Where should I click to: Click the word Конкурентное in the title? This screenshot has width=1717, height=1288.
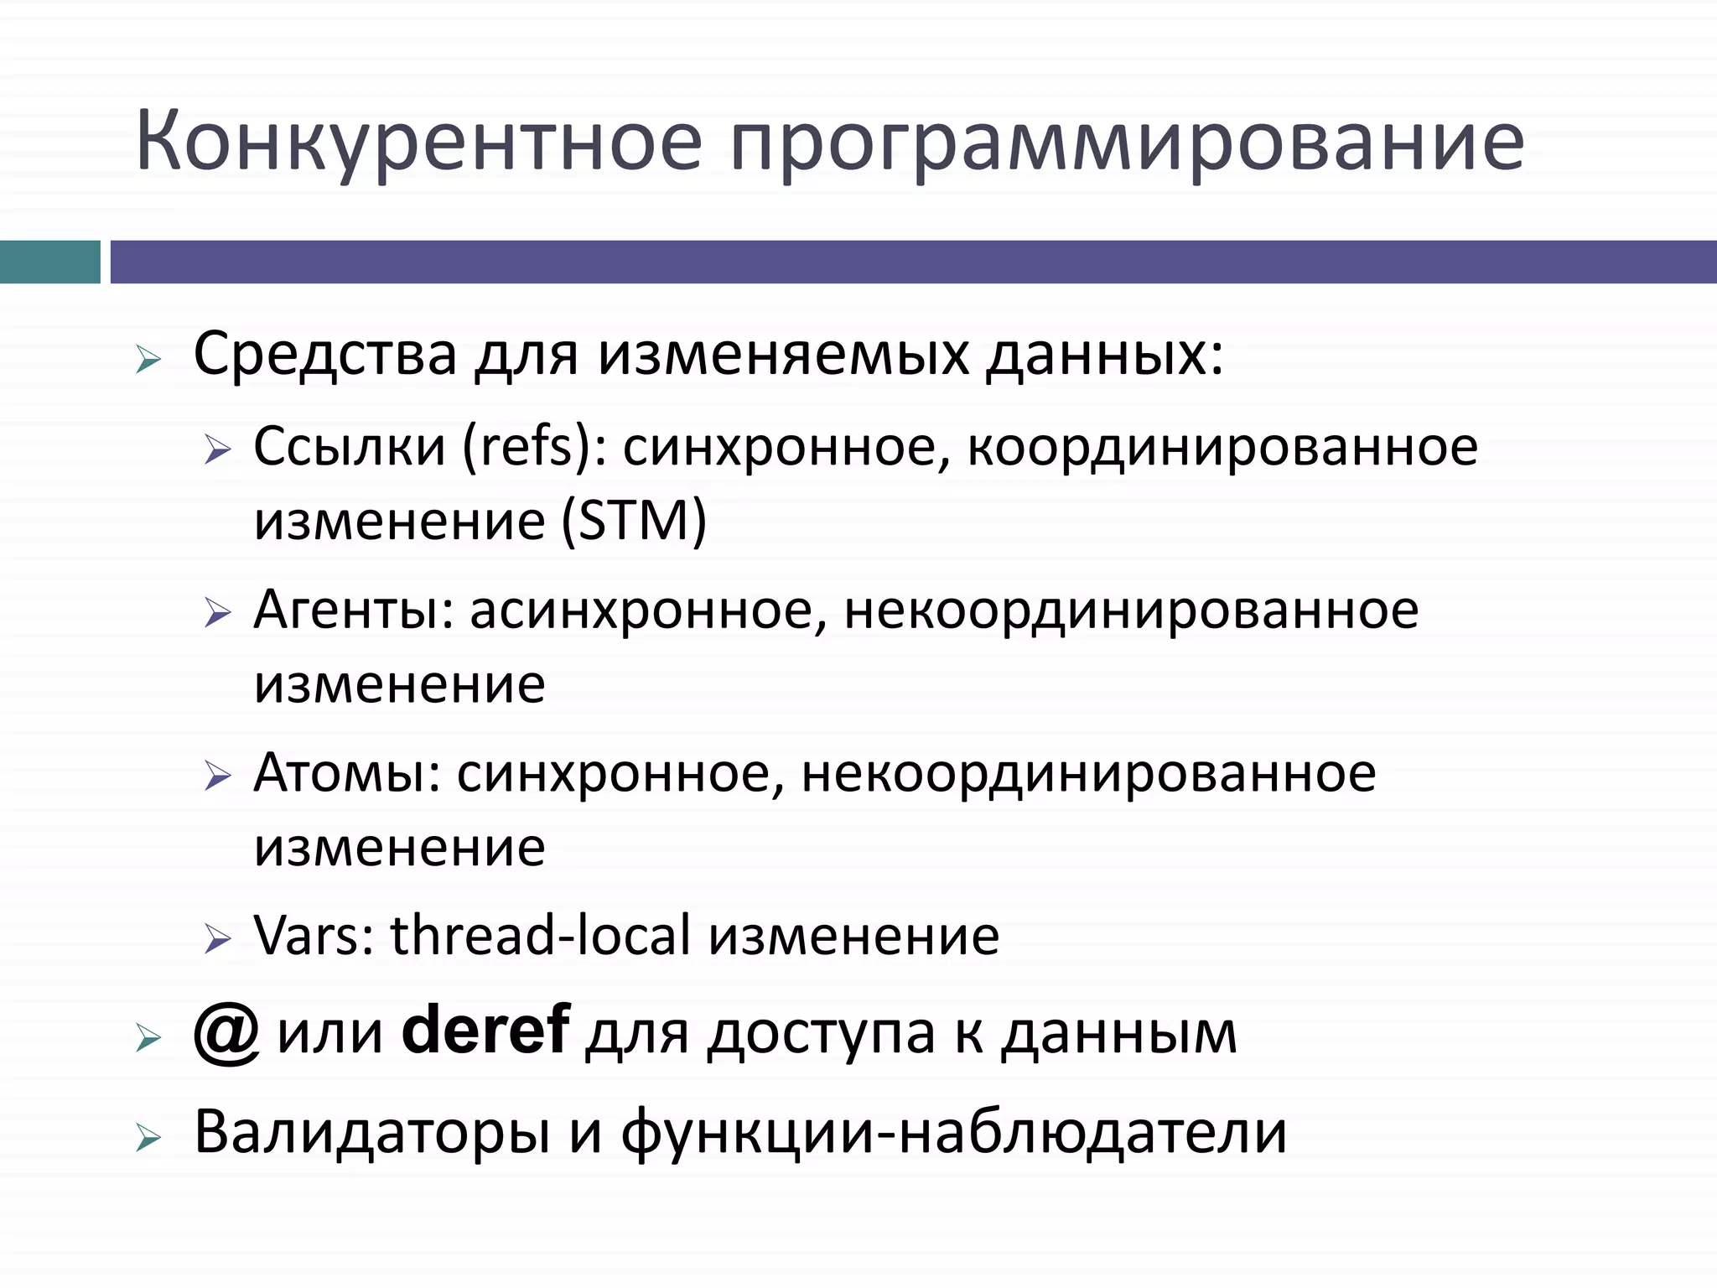coord(418,141)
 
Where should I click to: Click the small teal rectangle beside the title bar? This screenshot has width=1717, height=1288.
coord(49,262)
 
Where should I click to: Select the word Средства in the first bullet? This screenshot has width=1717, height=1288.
coord(325,354)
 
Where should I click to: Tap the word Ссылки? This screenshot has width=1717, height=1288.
coord(349,446)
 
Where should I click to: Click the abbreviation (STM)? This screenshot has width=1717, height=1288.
coord(634,521)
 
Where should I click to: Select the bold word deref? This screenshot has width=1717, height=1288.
coord(485,1031)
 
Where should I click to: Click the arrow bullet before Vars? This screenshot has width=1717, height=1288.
coord(217,939)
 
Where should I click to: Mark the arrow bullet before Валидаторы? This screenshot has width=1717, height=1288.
coord(148,1138)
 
